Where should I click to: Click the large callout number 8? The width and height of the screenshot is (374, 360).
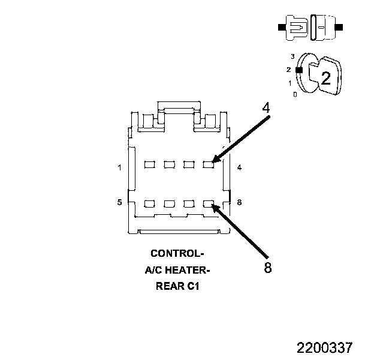(x=267, y=268)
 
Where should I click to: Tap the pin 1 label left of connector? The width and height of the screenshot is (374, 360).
(x=120, y=167)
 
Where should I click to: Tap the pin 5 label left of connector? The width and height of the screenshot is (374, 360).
(x=120, y=202)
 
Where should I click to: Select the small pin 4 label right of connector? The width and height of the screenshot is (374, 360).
(x=239, y=167)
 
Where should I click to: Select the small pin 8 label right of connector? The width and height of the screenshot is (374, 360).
(x=239, y=202)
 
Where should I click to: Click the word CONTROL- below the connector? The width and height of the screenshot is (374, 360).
(x=177, y=254)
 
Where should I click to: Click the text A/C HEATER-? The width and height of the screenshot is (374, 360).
(x=177, y=270)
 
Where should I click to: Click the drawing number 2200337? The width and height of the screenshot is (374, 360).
(x=324, y=348)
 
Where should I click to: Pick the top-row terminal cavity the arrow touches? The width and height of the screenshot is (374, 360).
(x=208, y=163)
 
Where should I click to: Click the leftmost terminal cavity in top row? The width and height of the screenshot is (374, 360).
(x=150, y=163)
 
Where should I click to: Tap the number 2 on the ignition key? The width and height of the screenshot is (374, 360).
(x=325, y=77)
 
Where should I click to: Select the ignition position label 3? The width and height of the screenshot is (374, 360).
(x=292, y=56)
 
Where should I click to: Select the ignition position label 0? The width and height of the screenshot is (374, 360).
(x=294, y=94)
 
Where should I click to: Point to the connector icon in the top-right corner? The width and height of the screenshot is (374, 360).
(x=310, y=28)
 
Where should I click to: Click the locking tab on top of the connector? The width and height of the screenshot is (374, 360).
(x=177, y=111)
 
